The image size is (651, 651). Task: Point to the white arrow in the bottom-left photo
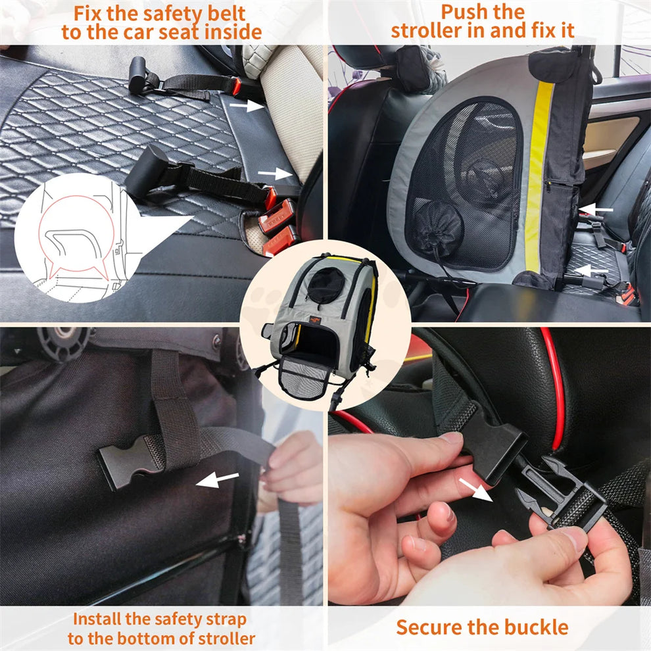coord(218,480)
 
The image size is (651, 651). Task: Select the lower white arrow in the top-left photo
coord(275,174)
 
